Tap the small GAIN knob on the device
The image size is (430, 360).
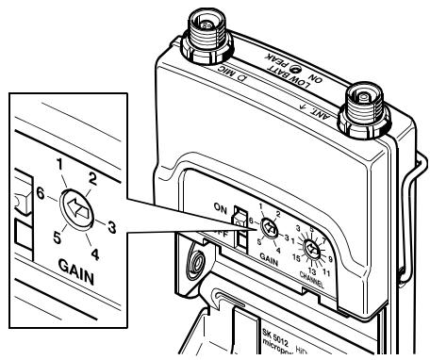click(269, 227)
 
